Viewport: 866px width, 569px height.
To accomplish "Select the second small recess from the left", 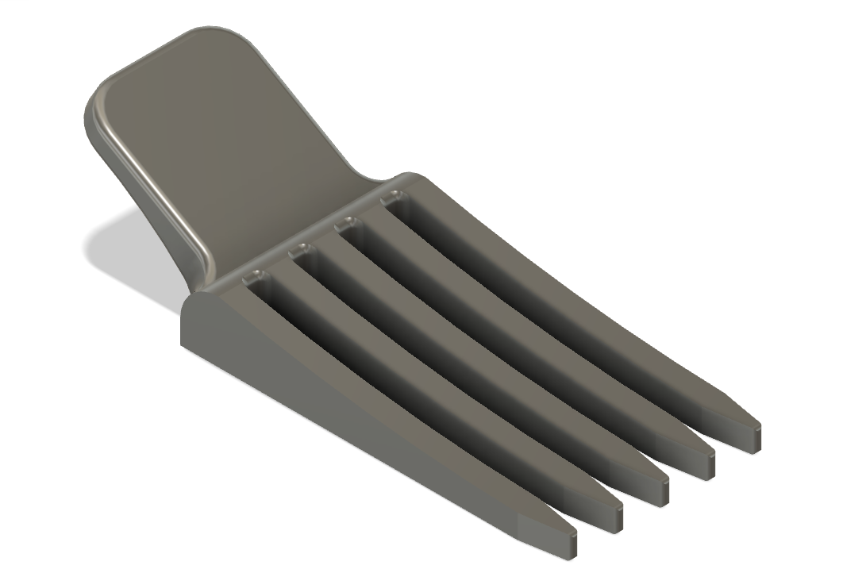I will (x=301, y=252).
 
